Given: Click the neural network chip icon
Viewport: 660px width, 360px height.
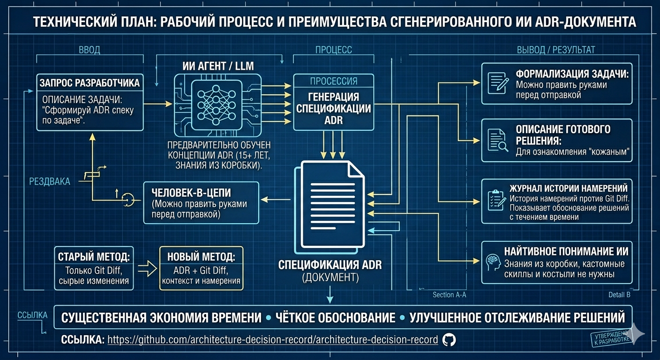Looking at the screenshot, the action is click(x=217, y=105).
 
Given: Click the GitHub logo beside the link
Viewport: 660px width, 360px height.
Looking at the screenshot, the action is click(x=449, y=340).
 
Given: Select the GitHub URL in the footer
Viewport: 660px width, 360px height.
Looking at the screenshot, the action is click(x=272, y=340).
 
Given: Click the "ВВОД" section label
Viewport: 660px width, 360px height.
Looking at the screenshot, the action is click(x=89, y=50).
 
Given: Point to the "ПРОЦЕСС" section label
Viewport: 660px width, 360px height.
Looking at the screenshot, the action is click(x=334, y=50).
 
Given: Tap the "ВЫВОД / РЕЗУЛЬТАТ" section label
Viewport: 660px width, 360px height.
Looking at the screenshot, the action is click(x=556, y=50).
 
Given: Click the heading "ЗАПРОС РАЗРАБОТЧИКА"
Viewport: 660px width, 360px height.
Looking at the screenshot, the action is click(x=90, y=83).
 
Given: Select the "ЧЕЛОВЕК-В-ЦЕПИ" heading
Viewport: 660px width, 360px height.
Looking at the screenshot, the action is click(x=191, y=193).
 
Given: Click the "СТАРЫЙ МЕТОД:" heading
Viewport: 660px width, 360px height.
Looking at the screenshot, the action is click(x=94, y=257).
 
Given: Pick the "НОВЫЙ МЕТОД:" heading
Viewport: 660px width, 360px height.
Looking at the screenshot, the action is click(x=201, y=257).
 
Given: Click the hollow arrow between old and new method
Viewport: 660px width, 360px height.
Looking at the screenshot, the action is click(x=147, y=269).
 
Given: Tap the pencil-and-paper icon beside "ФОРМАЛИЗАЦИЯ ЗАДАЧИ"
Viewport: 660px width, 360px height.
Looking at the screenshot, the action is click(x=498, y=83).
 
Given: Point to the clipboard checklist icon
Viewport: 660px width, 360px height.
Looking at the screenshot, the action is click(x=497, y=200).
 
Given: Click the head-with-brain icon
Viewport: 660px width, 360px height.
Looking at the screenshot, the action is click(x=493, y=262).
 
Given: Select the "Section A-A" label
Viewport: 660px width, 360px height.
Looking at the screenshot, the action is click(x=450, y=295).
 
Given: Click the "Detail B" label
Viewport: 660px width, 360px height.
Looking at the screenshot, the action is click(x=619, y=295).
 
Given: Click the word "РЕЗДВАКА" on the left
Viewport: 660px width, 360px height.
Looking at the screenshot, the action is click(x=50, y=181).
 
